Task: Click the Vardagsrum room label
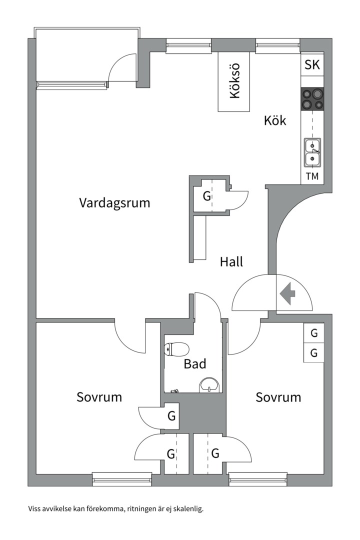pyautogui.click(x=114, y=203)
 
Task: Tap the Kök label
pyautogui.click(x=275, y=120)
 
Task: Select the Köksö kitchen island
pyautogui.click(x=234, y=81)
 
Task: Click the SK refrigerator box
pyautogui.click(x=312, y=64)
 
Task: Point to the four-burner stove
pyautogui.click(x=312, y=99)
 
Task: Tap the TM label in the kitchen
pyautogui.click(x=312, y=176)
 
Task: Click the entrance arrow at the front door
pyautogui.click(x=287, y=293)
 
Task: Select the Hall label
pyautogui.click(x=231, y=261)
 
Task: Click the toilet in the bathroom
pyautogui.click(x=176, y=349)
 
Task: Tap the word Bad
pyautogui.click(x=195, y=363)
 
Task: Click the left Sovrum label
pyautogui.click(x=99, y=397)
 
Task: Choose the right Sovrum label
pyautogui.click(x=278, y=397)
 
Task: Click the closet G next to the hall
pyautogui.click(x=207, y=196)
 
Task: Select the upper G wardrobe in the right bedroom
pyautogui.click(x=313, y=333)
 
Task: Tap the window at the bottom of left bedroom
pyautogui.click(x=122, y=478)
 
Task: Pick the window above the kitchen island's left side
pyautogui.click(x=188, y=46)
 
